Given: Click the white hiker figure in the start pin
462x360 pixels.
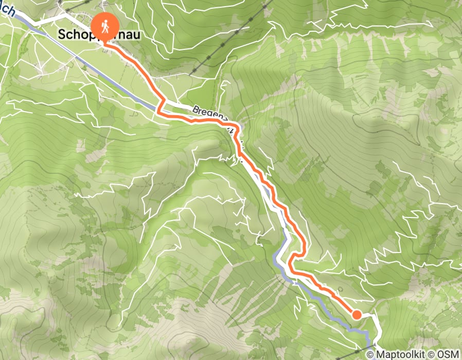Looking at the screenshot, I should (x=105, y=26).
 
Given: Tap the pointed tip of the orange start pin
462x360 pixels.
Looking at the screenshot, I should (x=105, y=45).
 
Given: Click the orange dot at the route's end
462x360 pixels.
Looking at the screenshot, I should (x=356, y=315).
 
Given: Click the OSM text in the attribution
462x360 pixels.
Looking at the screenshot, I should (x=448, y=354).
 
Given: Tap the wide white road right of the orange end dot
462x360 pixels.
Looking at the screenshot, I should (x=378, y=324).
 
